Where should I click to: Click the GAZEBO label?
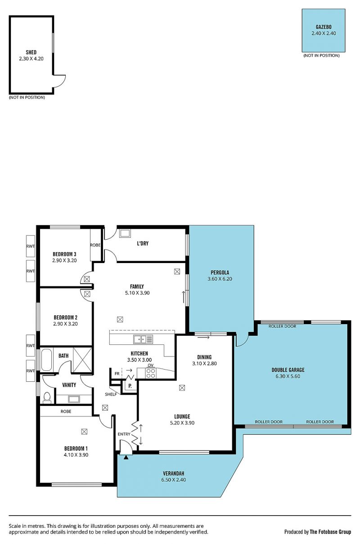tap(323, 27)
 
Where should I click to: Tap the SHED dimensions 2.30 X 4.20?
tap(31, 58)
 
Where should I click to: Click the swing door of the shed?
tap(59, 80)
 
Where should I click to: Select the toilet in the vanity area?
tap(47, 397)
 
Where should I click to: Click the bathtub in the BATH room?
tap(46, 360)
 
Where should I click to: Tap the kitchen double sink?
tap(143, 339)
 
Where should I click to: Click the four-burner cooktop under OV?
tap(151, 373)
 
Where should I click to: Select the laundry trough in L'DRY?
tap(125, 233)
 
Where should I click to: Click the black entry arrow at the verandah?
tap(126, 457)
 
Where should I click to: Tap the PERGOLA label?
tap(220, 272)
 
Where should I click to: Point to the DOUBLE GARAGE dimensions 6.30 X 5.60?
tap(288, 376)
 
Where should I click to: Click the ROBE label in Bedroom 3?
tap(95, 245)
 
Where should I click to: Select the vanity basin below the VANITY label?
tap(74, 399)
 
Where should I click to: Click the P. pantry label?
tap(130, 386)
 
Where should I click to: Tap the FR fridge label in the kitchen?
tap(117, 374)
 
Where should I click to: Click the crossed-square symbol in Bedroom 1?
tap(84, 432)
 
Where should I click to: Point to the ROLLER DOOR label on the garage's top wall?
tap(282, 326)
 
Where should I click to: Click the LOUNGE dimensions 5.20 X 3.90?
tap(182, 423)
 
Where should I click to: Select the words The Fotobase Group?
tap(330, 532)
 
